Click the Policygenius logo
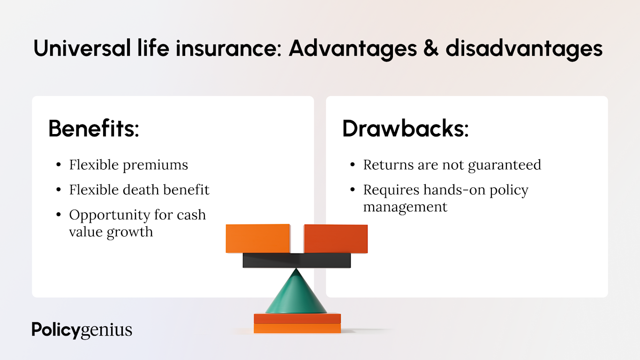tap(82, 330)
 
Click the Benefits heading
tap(94, 128)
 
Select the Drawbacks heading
tap(405, 128)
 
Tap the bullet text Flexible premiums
tap(128, 165)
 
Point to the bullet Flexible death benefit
tap(139, 190)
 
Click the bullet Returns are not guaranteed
tap(452, 165)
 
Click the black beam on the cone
tap(296, 260)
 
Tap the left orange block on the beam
tap(258, 238)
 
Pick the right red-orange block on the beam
tap(336, 239)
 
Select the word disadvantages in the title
tap(524, 49)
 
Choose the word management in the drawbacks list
tap(405, 207)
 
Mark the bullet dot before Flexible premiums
tap(58, 165)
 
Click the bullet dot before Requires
tap(352, 190)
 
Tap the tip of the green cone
tap(296, 270)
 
